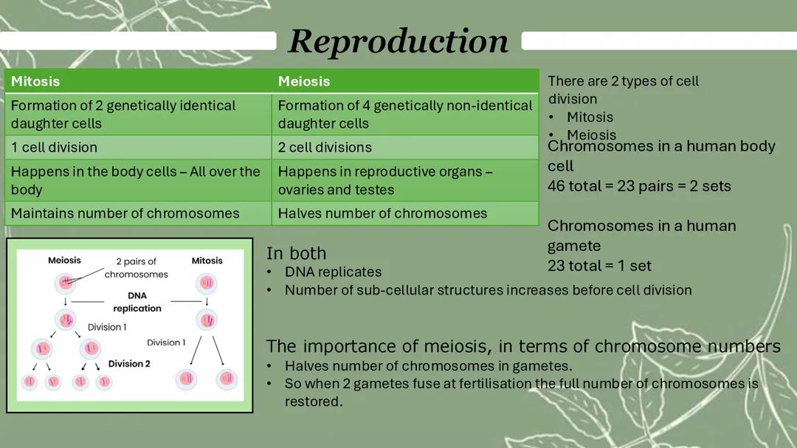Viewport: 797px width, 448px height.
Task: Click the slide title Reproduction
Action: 398,41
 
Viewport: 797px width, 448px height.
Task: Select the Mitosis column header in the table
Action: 35,81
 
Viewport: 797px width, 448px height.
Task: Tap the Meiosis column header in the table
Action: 304,81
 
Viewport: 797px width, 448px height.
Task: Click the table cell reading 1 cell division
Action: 54,147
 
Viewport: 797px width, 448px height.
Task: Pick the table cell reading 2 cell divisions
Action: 325,147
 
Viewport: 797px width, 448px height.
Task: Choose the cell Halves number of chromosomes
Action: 382,213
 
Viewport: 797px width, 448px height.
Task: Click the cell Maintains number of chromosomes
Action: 125,213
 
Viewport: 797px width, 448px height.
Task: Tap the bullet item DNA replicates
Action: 333,272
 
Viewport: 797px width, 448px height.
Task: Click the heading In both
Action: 296,253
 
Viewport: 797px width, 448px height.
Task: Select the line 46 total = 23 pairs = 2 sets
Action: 639,186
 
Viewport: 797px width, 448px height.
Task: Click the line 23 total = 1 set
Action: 599,266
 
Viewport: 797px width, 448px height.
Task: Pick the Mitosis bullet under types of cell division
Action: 590,117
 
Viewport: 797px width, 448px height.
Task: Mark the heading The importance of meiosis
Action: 522,346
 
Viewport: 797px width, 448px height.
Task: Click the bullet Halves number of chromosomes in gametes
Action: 428,365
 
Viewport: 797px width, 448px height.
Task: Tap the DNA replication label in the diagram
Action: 137,302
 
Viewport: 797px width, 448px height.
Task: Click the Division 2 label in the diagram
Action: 129,364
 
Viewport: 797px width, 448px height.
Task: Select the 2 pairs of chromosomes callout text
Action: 136,267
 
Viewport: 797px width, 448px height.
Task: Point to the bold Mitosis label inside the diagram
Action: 207,261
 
